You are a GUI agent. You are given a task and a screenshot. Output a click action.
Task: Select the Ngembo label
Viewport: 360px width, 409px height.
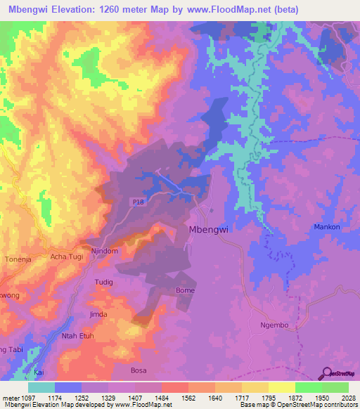point(275,325)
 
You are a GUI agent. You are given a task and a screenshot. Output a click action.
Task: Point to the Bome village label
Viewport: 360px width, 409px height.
point(185,290)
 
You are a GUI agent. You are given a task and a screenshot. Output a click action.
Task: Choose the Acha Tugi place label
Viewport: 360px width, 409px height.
point(67,257)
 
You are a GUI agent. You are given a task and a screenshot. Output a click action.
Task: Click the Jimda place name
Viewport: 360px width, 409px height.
point(98,314)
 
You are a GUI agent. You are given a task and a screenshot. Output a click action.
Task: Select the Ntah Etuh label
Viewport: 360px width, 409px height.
point(78,336)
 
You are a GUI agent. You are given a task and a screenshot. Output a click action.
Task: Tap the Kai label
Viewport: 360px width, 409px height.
point(39,371)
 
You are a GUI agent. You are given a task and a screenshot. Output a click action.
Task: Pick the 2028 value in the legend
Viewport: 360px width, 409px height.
point(340,398)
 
